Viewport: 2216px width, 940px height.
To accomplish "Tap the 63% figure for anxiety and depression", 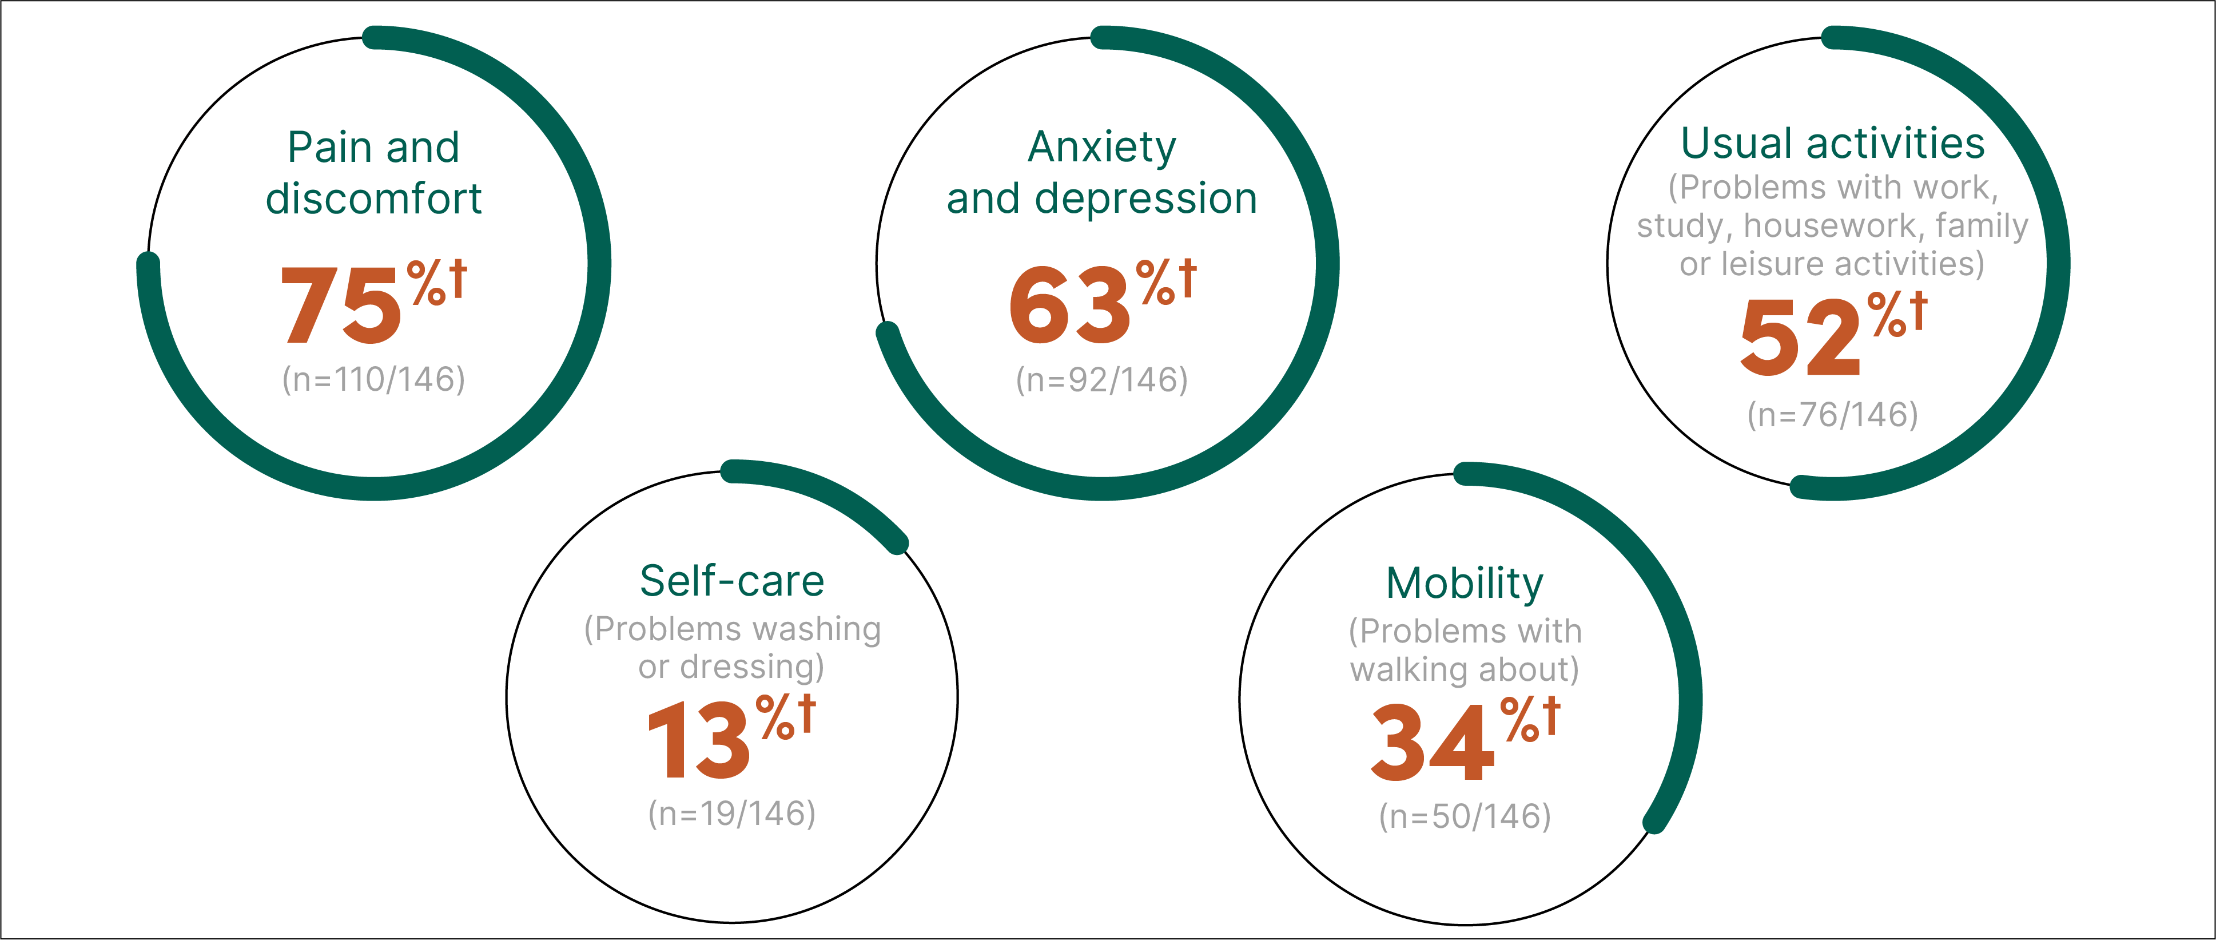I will point(1070,306).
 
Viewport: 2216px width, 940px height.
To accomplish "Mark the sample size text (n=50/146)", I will point(1465,816).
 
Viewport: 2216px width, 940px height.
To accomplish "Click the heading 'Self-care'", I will point(732,581).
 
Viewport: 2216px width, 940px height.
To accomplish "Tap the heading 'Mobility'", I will point(1465,584).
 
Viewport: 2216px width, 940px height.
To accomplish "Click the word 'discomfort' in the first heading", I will point(374,199).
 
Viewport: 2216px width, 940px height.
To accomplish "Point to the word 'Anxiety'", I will point(1102,147).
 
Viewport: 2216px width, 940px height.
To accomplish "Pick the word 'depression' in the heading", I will point(1146,199).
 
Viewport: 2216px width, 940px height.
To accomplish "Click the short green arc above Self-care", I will point(826,495).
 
